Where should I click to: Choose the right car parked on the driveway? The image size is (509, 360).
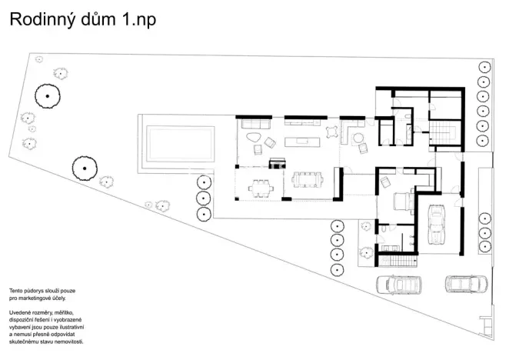(x=466, y=284)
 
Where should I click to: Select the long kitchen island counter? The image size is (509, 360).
(x=301, y=141)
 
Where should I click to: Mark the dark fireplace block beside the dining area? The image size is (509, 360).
(x=277, y=161)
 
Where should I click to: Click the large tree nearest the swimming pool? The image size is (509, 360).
(x=83, y=167)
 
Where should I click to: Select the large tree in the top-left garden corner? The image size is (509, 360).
(x=48, y=95)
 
